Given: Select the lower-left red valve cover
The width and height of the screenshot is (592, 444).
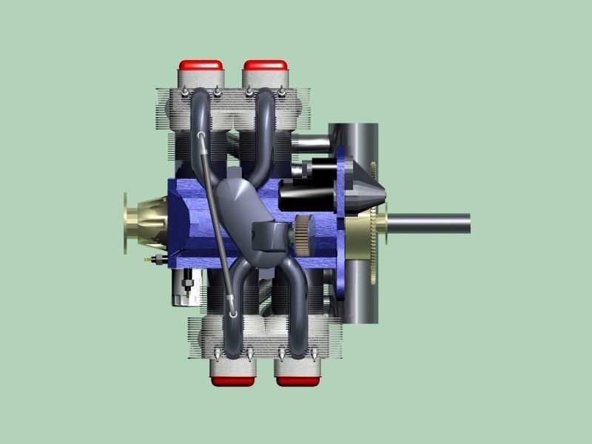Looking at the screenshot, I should (x=233, y=380).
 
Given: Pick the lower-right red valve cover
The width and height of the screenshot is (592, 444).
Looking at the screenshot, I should (x=297, y=380).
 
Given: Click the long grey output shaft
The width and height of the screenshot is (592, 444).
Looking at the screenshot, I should (x=429, y=223).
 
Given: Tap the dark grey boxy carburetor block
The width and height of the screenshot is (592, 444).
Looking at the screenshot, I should (x=266, y=236).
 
